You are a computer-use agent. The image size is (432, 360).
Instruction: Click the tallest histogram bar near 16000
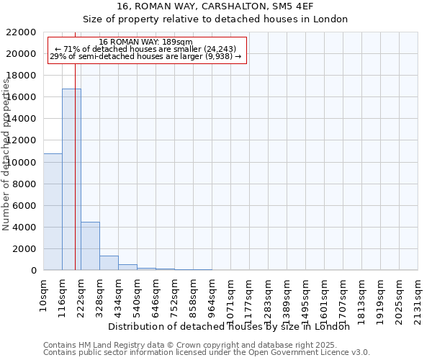71,180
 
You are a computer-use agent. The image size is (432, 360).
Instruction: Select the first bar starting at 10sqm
53,212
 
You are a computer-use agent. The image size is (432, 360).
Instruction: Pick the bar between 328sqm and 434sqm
109,263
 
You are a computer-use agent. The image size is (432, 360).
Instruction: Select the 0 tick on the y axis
34,271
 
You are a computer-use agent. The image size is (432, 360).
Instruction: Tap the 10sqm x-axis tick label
44,295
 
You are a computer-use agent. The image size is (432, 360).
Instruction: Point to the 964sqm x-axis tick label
212,297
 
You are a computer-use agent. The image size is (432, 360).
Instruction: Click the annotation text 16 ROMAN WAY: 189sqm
146,42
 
